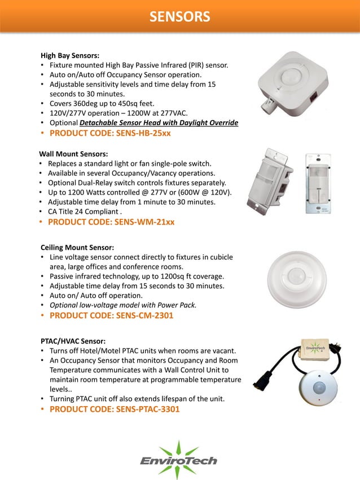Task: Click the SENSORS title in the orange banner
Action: pos(179,16)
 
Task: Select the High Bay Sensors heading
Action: pos(70,56)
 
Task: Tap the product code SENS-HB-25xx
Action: pos(110,134)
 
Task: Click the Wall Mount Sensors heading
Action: pos(73,153)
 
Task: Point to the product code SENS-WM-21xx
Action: pos(111,222)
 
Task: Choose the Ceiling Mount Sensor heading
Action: pos(77,248)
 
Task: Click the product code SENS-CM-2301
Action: pos(111,315)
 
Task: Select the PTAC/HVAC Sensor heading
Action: pos(73,341)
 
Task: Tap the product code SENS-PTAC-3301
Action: pos(115,409)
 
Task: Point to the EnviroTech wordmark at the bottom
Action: pos(178,461)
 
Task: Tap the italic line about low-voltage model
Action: pos(123,305)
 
